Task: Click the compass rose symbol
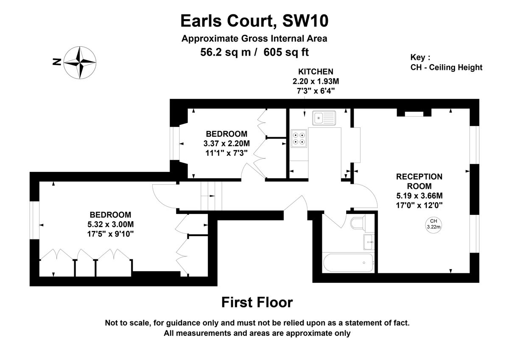(80, 62)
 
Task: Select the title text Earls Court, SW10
(254, 20)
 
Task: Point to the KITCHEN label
(316, 71)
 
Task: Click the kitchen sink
(324, 118)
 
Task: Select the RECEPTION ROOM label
(419, 181)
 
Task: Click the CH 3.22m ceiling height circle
(433, 224)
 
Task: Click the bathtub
(348, 263)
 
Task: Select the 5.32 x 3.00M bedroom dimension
(110, 224)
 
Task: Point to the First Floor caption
(257, 303)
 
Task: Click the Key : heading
(420, 57)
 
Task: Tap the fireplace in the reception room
(414, 113)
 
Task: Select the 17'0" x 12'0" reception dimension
(419, 205)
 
